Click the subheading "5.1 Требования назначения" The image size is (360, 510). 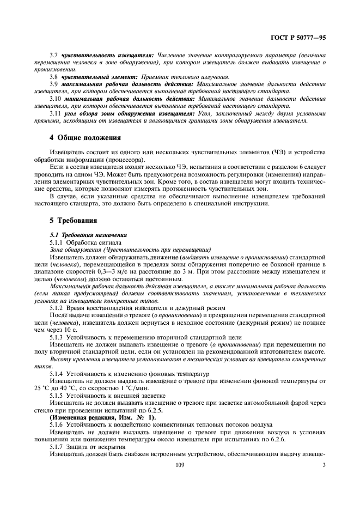point(81,234)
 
